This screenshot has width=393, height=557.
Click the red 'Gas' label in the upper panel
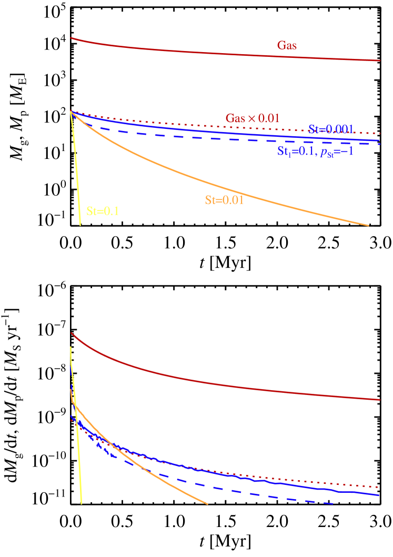click(x=287, y=46)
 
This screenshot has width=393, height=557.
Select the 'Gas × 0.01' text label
click(x=253, y=118)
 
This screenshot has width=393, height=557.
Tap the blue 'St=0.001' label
click(x=331, y=129)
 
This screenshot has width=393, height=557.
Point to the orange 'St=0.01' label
click(x=224, y=200)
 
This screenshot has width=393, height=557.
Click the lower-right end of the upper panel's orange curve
click(x=368, y=226)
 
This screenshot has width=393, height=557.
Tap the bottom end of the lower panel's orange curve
click(x=208, y=504)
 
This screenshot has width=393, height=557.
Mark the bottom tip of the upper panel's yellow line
click(x=80, y=226)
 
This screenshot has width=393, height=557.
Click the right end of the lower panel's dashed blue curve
click(x=332, y=503)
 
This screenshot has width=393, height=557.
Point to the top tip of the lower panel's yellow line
click(x=70, y=347)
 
